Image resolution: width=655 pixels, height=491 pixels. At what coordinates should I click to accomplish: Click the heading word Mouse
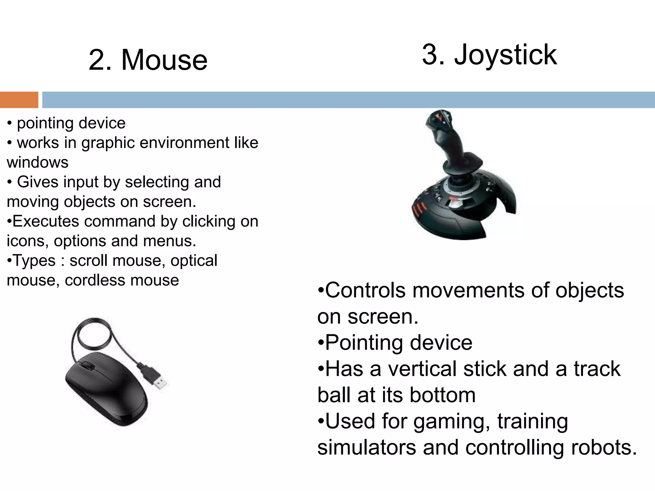(164, 60)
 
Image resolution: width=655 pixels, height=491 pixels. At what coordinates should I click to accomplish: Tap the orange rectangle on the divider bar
(19, 100)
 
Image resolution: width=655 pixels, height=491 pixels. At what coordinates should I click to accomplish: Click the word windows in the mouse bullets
(37, 162)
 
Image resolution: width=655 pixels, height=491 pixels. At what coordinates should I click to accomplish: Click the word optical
(194, 261)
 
